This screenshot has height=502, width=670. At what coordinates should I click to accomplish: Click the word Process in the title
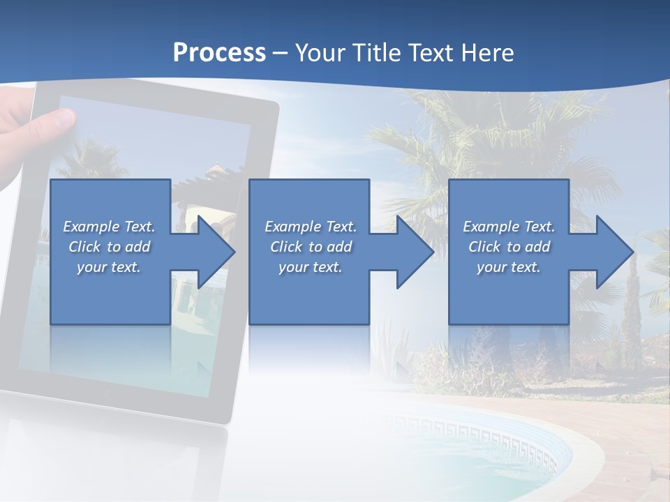click(x=219, y=53)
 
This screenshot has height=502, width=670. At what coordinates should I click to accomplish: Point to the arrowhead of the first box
click(x=217, y=252)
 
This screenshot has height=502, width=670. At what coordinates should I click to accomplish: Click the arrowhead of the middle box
click(x=416, y=252)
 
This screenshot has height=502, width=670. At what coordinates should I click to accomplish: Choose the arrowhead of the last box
click(x=615, y=252)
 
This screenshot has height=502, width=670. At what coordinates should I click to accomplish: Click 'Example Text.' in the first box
click(x=109, y=227)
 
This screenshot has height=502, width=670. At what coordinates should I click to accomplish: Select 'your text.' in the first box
click(x=109, y=267)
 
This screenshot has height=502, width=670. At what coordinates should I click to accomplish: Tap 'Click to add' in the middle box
click(x=311, y=247)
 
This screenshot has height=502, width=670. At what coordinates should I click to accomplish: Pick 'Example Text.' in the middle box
click(x=311, y=227)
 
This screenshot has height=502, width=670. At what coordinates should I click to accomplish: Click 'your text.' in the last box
click(x=509, y=267)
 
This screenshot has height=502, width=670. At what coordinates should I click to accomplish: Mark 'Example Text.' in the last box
click(x=509, y=227)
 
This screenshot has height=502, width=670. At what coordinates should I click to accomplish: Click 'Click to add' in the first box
click(x=109, y=247)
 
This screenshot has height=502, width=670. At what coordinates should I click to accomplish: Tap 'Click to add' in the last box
click(x=509, y=247)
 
